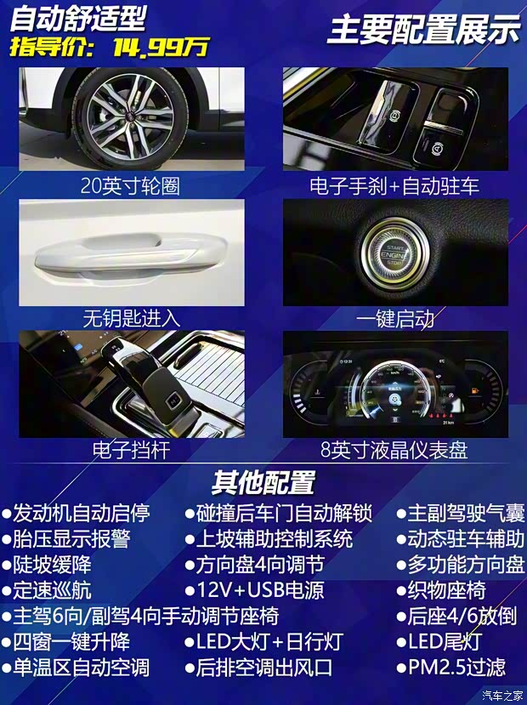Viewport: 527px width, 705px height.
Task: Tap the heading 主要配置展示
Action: coord(423,30)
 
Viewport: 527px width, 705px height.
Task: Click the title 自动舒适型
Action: coord(77,17)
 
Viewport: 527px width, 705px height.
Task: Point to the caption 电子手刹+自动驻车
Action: coord(394,185)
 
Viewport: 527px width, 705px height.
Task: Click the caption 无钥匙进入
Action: coord(131,318)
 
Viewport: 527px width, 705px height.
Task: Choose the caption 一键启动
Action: coord(395,318)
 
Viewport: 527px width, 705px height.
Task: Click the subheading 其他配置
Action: coord(263,482)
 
